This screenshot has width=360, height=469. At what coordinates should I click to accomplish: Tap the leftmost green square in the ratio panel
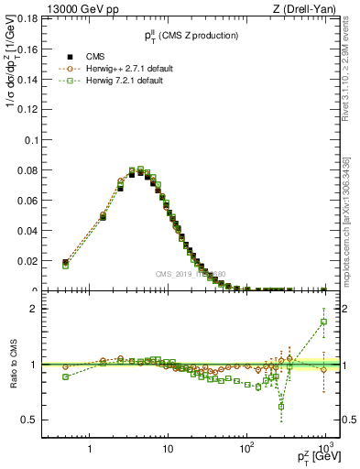[x=65, y=376]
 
